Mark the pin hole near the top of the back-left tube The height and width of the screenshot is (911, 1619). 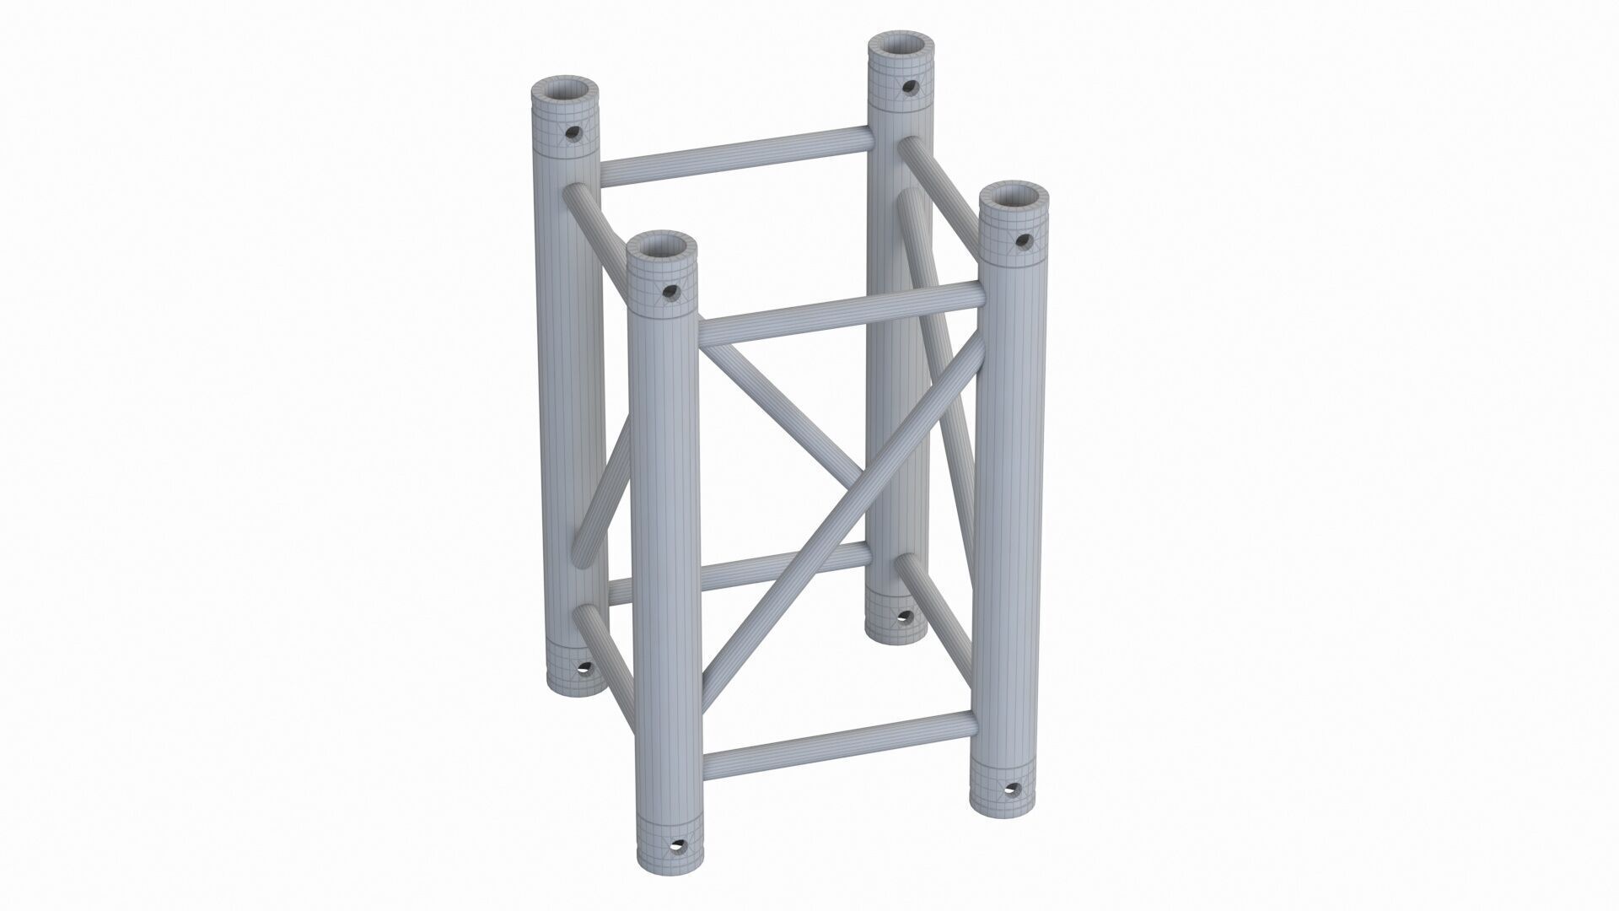point(573,133)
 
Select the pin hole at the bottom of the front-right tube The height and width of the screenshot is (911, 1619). point(1013,790)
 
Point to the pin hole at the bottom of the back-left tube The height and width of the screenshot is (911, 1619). point(582,669)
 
